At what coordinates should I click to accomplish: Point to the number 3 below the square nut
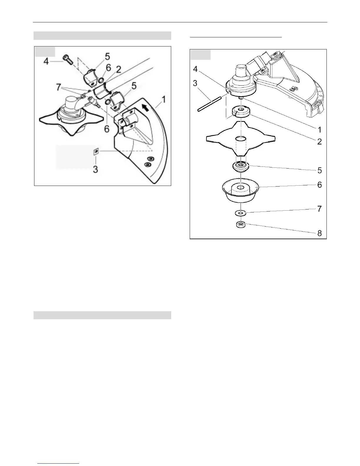click(x=96, y=169)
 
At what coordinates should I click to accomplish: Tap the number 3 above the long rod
click(x=195, y=83)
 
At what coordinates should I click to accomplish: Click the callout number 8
click(x=319, y=233)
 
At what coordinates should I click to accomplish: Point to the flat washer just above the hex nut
click(x=241, y=212)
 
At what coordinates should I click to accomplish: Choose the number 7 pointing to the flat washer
click(x=319, y=209)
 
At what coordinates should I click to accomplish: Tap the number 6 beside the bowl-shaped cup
click(x=319, y=185)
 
